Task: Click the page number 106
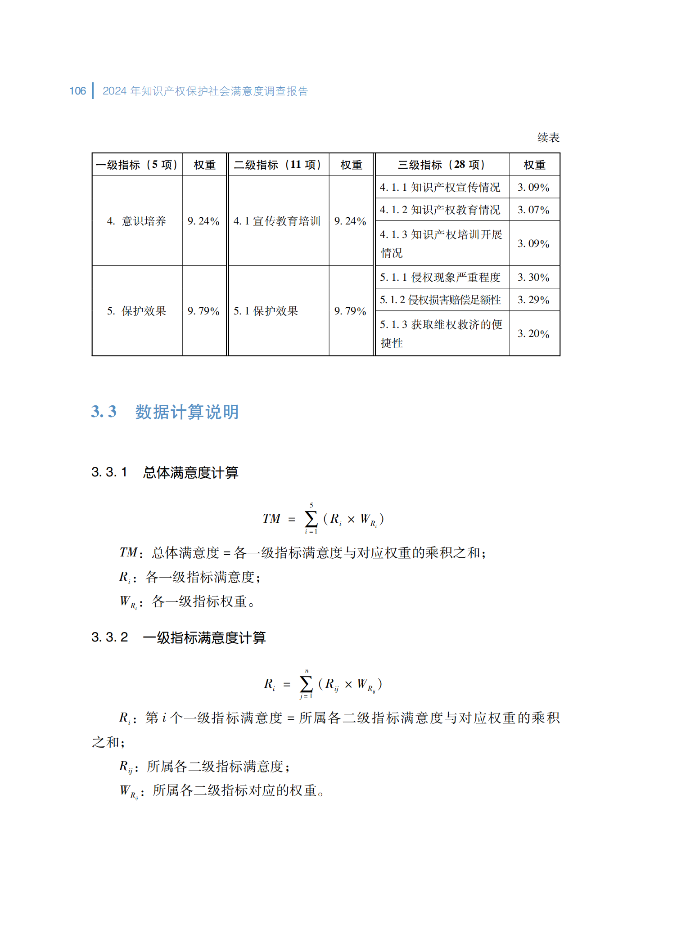(77, 91)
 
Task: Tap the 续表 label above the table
(548, 138)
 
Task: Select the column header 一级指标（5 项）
(137, 165)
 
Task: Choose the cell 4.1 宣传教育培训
(277, 221)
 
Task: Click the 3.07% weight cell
(533, 210)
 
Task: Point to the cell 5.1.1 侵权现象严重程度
(440, 277)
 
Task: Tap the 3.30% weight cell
(533, 277)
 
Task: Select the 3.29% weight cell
(533, 300)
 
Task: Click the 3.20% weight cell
(533, 333)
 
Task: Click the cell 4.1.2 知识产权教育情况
(440, 210)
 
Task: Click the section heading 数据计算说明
(187, 412)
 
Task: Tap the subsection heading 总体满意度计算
(190, 472)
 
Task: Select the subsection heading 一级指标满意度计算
(204, 637)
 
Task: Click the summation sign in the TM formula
(311, 519)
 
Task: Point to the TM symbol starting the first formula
(271, 519)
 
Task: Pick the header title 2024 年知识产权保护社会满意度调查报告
(205, 91)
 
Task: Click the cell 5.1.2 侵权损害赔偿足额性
(440, 300)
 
